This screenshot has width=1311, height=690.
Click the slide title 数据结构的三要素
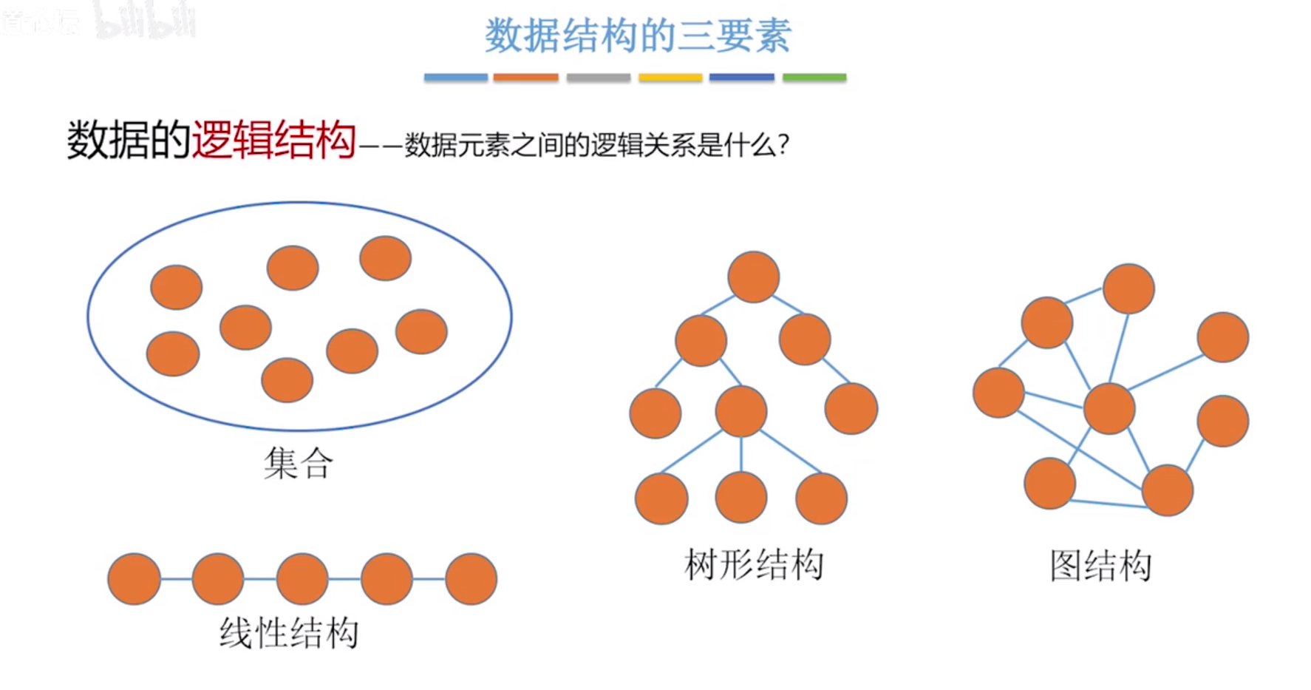pos(638,35)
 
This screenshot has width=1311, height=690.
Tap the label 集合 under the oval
pos(299,464)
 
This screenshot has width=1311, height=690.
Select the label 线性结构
pos(289,633)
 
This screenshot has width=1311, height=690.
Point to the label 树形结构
pos(754,565)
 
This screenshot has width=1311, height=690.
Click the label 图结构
pos(1100,566)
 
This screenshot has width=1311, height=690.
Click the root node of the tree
pos(753,277)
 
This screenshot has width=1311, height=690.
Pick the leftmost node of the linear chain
pos(134,578)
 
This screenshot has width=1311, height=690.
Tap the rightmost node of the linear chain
pos(471,578)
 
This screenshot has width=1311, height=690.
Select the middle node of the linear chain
pos(302,578)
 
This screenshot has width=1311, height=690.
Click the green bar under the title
pos(814,77)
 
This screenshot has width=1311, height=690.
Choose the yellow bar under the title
pos(670,77)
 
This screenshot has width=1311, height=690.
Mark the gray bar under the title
pos(599,77)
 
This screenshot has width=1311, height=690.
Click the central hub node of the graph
pos(1109,408)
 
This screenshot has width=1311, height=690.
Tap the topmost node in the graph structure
pos(1128,288)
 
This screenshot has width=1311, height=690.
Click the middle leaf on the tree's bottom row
pos(741,498)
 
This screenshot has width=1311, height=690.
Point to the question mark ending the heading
pos(783,143)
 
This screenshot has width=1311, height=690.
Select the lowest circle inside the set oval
pos(287,380)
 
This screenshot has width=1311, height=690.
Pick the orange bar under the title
pos(525,77)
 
